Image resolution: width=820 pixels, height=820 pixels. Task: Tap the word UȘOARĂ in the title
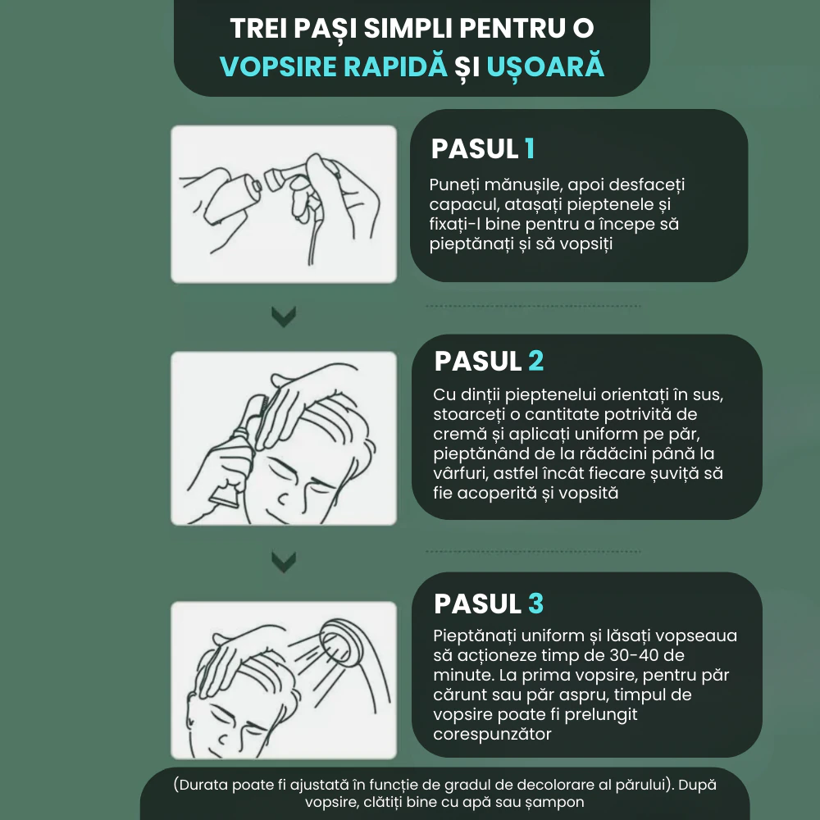pos(545,66)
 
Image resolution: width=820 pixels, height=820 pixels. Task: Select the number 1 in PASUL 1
pos(530,148)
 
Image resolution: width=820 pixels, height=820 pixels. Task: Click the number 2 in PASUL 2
pos(535,361)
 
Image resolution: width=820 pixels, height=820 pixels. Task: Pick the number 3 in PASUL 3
pos(535,604)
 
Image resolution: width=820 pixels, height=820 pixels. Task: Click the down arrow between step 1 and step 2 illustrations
pos(284,317)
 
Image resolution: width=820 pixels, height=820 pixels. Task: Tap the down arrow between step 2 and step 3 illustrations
pos(284,561)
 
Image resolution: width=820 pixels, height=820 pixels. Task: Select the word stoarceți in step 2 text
pos(469,414)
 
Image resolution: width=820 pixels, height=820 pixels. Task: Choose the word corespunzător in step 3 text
pos(492,735)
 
